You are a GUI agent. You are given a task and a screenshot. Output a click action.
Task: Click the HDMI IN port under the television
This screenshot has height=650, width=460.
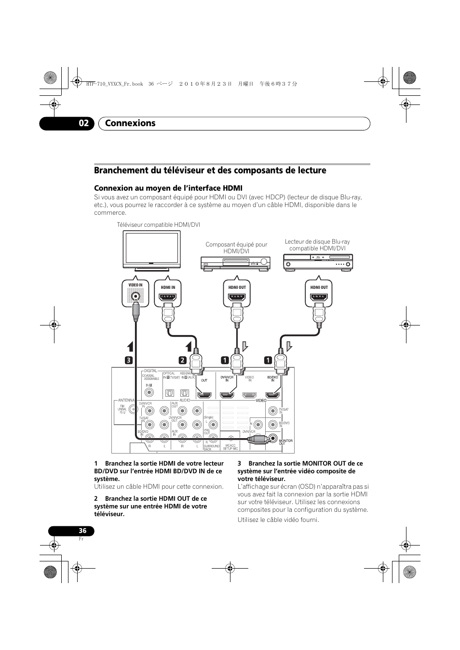coord(168,296)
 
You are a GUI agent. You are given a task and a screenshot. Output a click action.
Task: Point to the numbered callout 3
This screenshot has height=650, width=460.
coord(129,360)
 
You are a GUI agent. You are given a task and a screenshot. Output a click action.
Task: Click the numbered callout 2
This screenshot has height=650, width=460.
coord(183,360)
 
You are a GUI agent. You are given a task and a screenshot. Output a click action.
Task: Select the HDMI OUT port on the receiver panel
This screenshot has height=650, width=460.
coord(204,395)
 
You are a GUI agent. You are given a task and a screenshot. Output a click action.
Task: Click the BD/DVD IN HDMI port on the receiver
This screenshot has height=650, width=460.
coord(273,395)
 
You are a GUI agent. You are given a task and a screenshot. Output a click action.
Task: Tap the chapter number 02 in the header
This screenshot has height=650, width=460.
coord(84,123)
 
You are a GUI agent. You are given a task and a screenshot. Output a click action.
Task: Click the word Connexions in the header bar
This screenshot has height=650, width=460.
coord(130,123)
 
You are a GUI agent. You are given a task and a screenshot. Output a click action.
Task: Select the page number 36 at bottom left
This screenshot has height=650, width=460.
coord(82,531)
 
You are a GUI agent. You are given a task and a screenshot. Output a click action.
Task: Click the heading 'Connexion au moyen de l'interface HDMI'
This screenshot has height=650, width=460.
coord(168,188)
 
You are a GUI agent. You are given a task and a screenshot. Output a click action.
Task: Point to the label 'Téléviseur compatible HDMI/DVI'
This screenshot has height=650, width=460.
coord(158,225)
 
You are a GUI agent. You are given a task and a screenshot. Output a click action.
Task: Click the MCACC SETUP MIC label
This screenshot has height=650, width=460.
coord(230,447)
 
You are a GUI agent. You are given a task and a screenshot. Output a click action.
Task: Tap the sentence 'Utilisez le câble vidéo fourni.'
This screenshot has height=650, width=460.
coord(278,520)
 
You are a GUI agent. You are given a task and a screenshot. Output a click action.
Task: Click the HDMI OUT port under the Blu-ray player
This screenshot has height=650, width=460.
coord(319,296)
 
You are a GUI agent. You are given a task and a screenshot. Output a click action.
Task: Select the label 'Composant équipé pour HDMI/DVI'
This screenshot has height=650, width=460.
coord(236,247)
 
